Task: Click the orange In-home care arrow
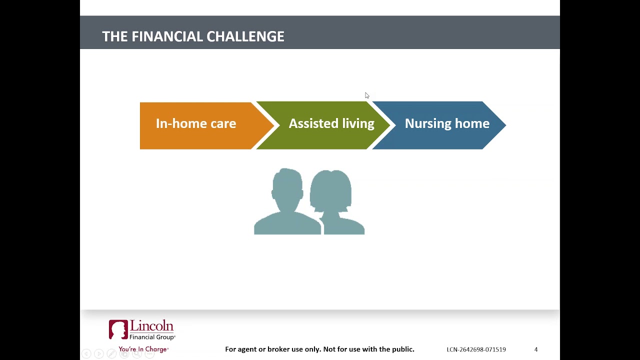tap(200, 125)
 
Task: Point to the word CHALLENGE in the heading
tap(245, 36)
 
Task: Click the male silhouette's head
tap(287, 188)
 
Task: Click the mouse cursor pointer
tap(367, 95)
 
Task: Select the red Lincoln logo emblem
tap(118, 329)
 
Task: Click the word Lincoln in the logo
tap(151, 325)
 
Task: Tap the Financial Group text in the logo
tap(152, 337)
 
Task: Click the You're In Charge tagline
tap(143, 349)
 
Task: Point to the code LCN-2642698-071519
tap(476, 349)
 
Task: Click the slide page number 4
tap(536, 349)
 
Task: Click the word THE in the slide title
tap(115, 36)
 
